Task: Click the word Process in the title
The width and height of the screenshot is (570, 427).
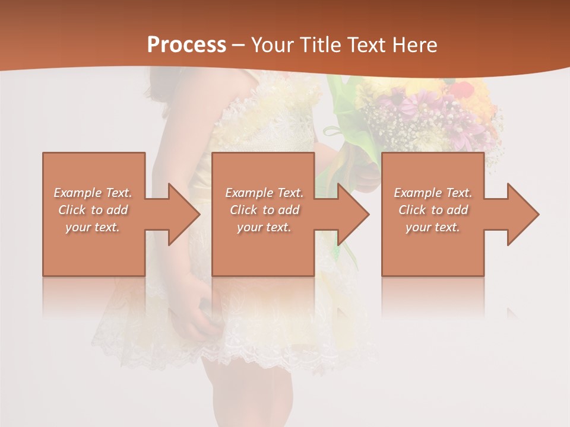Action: pos(186,44)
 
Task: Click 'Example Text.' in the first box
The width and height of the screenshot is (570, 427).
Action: pos(93,193)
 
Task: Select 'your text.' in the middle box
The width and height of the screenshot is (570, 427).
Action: pos(264,227)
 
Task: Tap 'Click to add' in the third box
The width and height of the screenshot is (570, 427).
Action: pos(433,210)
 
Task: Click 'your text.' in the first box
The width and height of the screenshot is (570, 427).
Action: pos(93,227)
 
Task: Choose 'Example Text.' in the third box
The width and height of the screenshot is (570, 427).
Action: pos(433,193)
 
